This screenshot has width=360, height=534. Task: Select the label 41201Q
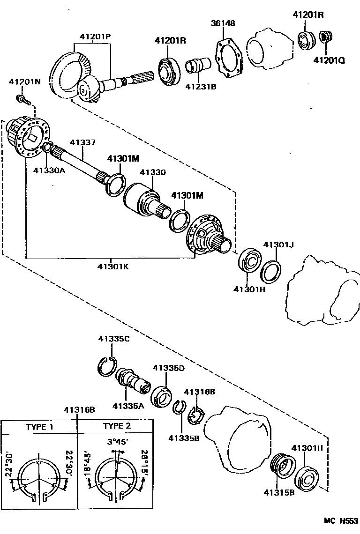tap(329, 60)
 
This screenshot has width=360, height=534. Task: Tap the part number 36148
tap(223, 23)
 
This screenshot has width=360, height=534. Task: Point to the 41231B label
tap(200, 86)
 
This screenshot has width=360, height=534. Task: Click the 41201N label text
tap(25, 82)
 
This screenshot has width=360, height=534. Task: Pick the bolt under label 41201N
tap(22, 99)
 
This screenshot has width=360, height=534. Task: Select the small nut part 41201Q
tap(323, 37)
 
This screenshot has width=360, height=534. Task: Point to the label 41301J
tap(278, 244)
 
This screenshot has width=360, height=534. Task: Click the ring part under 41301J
tap(271, 272)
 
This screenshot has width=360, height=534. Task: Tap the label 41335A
tap(127, 405)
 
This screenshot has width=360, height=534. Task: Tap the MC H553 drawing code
tap(340, 521)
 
